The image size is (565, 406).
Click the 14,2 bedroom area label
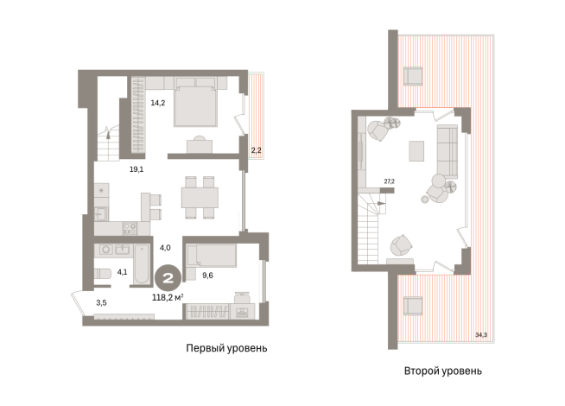tap(158, 103)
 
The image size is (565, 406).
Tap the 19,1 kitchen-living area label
tap(136, 169)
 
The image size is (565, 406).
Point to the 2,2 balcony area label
tap(257, 150)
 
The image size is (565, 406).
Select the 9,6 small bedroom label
tap(207, 276)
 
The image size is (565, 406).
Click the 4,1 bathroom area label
tap(122, 272)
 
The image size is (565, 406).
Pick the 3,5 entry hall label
tap(101, 303)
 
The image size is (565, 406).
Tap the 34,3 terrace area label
tap(481, 334)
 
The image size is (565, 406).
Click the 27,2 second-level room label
tap(389, 181)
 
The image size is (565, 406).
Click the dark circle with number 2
tap(168, 278)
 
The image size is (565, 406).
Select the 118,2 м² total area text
tap(168, 297)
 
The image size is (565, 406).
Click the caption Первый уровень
tap(226, 348)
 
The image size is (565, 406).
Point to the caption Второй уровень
tap(443, 371)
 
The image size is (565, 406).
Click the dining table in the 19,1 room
tap(200, 198)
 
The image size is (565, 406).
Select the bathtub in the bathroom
tap(142, 264)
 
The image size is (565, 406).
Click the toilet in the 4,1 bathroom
tap(101, 274)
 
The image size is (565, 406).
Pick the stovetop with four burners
tap(130, 228)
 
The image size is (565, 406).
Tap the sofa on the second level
tap(448, 151)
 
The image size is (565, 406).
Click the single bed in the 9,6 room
tap(211, 257)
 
